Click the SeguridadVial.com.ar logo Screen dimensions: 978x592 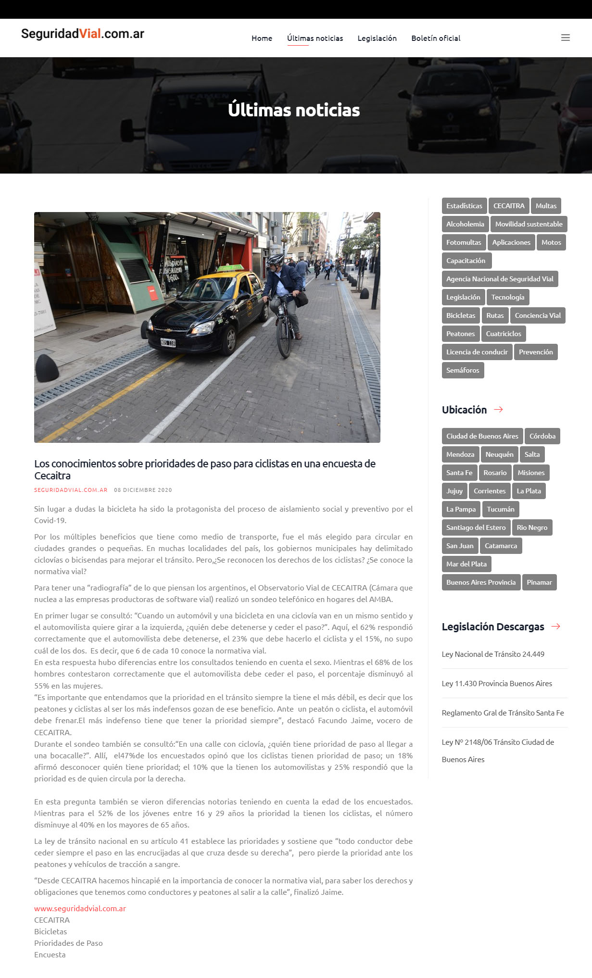coord(83,34)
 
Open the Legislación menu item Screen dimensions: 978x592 coord(377,38)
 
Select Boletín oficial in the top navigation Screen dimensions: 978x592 coord(436,38)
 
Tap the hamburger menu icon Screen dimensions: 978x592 coord(566,38)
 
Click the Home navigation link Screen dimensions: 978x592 coord(262,38)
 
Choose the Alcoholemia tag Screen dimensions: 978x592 coord(465,224)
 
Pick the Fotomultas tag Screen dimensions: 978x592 coord(464,242)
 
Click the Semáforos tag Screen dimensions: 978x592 coord(463,370)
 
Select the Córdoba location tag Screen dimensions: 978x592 coord(542,436)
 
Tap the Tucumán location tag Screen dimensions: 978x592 coord(501,509)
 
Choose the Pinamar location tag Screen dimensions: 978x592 coord(539,582)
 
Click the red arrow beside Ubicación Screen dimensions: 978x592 coord(498,410)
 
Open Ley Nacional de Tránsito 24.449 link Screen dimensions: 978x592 coord(493,654)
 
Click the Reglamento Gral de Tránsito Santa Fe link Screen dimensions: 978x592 coord(503,713)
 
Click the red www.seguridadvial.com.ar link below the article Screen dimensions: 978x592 coord(80,908)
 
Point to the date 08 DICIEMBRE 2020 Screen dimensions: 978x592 coord(143,490)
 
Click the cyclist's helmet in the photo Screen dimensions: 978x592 coord(276,259)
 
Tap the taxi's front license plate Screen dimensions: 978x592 coord(168,343)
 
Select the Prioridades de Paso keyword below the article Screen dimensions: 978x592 coord(68,943)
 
